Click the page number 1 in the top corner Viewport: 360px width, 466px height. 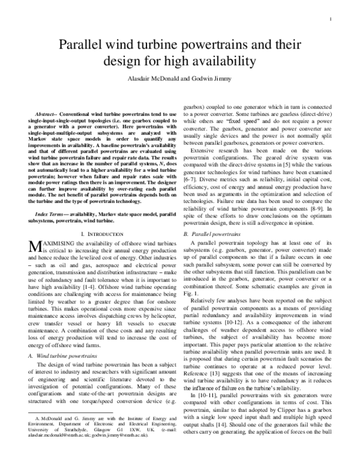331,19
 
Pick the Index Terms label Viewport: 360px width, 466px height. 50,197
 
